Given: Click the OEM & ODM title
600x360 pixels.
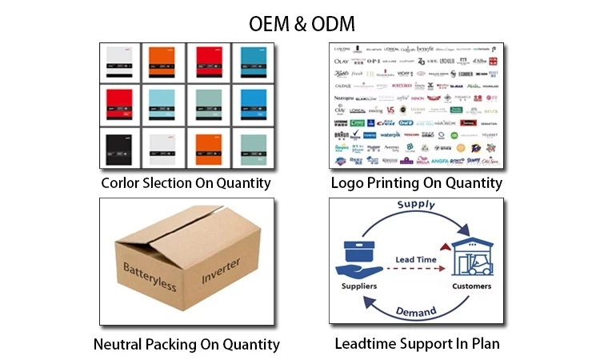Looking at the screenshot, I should [299, 22].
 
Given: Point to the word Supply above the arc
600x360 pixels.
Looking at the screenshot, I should [415, 205].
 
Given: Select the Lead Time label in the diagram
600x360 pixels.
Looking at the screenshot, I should [416, 259].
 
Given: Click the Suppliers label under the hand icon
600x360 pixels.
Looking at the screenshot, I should [359, 286].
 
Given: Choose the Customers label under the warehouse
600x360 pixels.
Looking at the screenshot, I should [472, 286].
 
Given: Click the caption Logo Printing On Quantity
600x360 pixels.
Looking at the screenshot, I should [417, 183].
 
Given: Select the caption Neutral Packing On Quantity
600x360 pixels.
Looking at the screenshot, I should [186, 345].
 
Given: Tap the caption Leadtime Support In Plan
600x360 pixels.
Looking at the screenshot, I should [417, 345].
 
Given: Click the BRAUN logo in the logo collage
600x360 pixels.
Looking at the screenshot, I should [341, 135].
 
